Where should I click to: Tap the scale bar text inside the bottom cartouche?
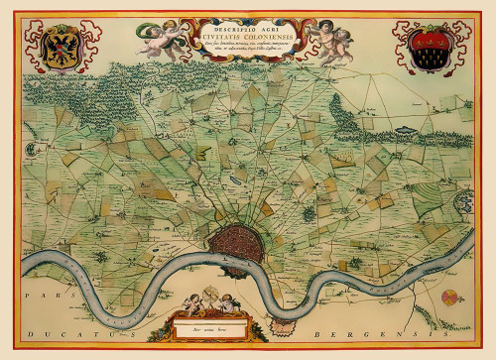[x=210, y=324]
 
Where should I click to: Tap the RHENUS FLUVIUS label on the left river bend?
[x=69, y=266]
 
